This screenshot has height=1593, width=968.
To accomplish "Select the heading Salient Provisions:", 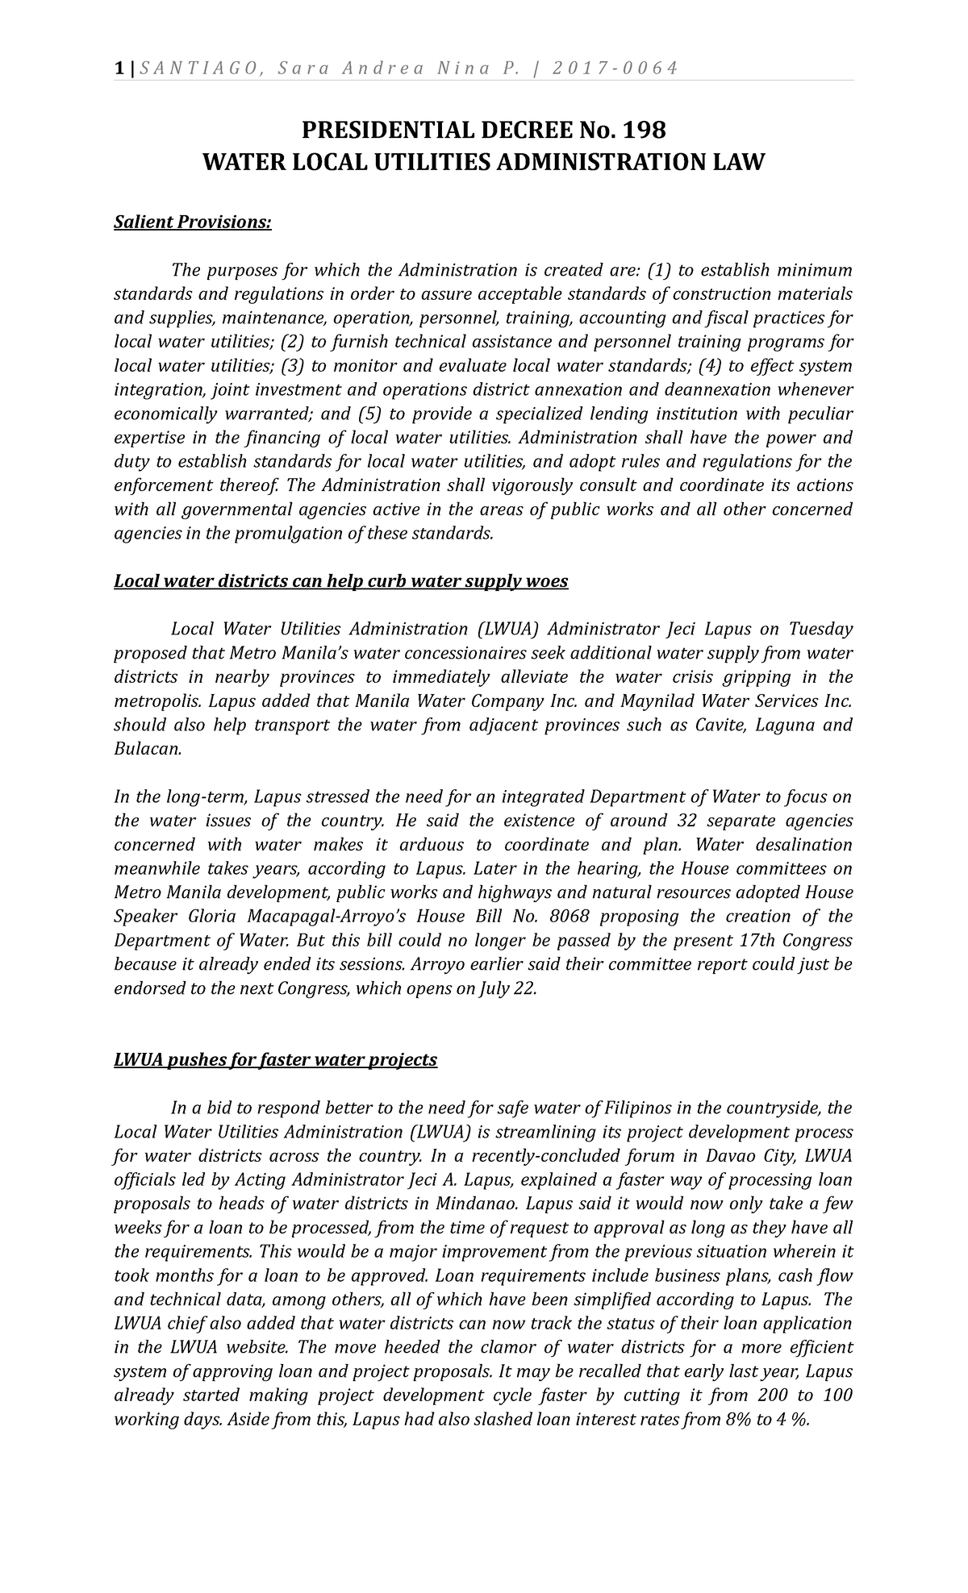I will coord(193,222).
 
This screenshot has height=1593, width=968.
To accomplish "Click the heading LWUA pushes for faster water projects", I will coord(275,1059).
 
